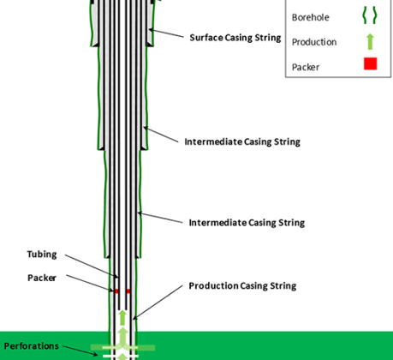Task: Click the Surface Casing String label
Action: tap(235, 38)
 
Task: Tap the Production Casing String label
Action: tap(242, 286)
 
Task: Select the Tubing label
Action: tap(42, 255)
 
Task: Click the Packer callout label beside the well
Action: tap(42, 278)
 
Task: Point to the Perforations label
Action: tap(31, 346)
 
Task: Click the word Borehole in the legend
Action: tap(310, 17)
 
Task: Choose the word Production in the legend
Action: tap(314, 42)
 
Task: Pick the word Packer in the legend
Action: tap(306, 68)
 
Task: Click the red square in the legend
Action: tap(371, 63)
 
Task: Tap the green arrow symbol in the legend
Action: tap(370, 42)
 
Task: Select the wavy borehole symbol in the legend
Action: tap(370, 15)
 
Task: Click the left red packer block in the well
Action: tap(116, 291)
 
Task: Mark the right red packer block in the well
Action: tap(128, 291)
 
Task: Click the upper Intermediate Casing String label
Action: tap(242, 141)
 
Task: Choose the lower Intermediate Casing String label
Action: tap(247, 223)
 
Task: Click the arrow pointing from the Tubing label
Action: tap(92, 266)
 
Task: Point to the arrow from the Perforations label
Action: tap(80, 351)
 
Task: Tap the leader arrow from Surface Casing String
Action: tap(166, 33)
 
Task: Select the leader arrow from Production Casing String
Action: tap(158, 302)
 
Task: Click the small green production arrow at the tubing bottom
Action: tap(122, 318)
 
